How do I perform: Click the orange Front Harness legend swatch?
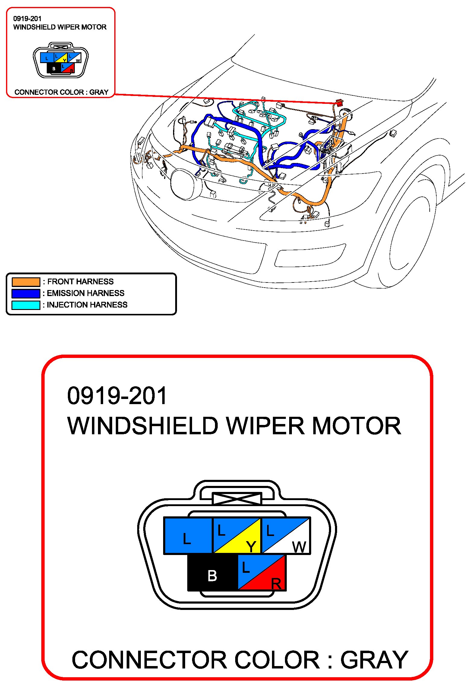pos(26,282)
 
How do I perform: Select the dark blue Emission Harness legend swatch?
pos(26,293)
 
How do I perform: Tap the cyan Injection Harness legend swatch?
pos(26,305)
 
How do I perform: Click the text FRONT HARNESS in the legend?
pos(81,282)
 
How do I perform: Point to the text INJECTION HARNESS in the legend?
pos(87,305)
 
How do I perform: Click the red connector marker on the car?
pos(340,103)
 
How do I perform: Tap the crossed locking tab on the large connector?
pos(237,499)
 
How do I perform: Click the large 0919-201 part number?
pos(117,396)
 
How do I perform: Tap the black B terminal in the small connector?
pos(54,69)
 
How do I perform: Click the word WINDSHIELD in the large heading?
pos(143,426)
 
